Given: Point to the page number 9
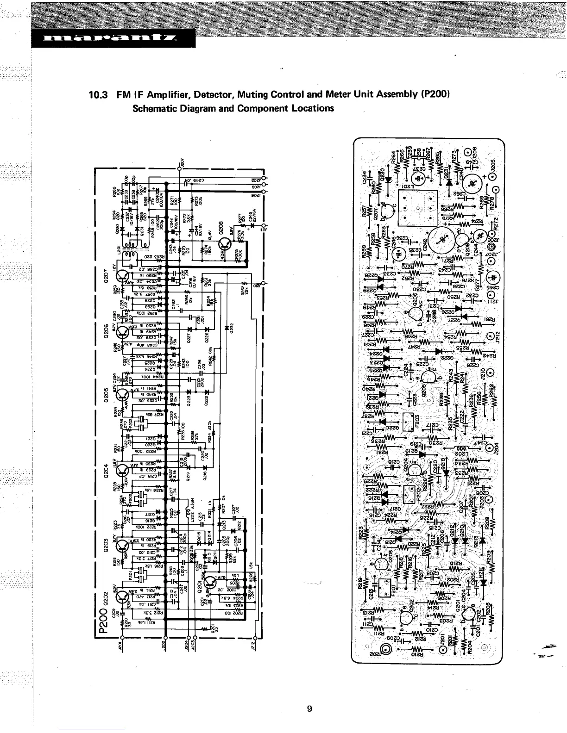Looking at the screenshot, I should [x=309, y=708].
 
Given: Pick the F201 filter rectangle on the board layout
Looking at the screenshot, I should [x=385, y=588].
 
